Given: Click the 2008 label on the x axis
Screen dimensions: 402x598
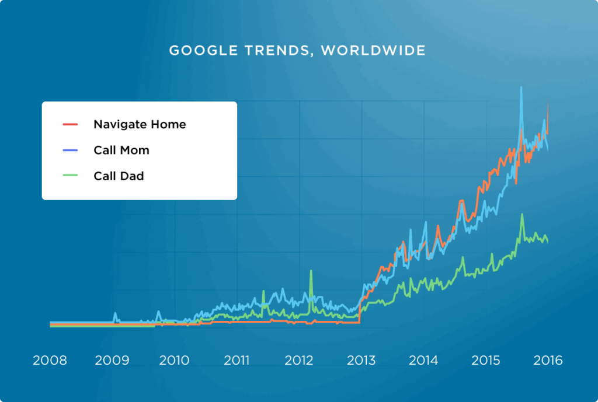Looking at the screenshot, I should click(x=50, y=361).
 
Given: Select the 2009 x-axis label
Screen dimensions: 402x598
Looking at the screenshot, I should click(x=112, y=361).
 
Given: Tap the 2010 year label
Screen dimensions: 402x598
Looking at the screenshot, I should click(x=173, y=361).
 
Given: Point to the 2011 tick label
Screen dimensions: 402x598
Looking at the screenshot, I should click(x=237, y=361).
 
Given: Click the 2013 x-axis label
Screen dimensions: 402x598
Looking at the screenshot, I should click(x=361, y=361).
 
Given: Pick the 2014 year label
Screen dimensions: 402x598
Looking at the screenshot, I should click(x=423, y=361).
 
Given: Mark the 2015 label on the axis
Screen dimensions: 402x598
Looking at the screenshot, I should click(x=485, y=361).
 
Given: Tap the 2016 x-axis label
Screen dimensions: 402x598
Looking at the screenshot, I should click(x=547, y=361).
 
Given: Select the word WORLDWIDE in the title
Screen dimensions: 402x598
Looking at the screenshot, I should click(x=373, y=51).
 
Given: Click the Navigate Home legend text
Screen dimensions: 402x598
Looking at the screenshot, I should click(x=140, y=124).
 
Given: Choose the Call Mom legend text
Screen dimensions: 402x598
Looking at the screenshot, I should click(x=121, y=150).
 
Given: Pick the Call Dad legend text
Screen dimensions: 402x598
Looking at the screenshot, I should click(x=119, y=176).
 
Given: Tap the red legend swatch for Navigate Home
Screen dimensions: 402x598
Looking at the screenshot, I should click(x=70, y=124).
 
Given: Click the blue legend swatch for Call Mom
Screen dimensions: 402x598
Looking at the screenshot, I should click(x=70, y=150).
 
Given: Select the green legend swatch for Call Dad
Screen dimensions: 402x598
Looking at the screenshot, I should click(x=70, y=176).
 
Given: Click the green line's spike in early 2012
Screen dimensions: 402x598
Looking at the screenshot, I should click(x=311, y=271).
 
